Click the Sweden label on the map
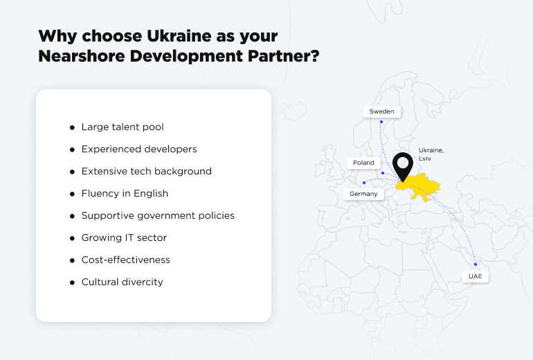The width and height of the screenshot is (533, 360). tap(381, 111)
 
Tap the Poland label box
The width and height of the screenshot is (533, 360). tap(363, 163)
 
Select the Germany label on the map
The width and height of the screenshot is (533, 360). tap(363, 194)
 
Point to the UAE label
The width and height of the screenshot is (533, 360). tap(475, 276)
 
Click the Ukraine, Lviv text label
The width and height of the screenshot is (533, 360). tap(431, 154)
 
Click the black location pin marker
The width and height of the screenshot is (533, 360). tap(402, 167)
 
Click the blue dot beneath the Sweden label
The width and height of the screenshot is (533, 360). tap(381, 122)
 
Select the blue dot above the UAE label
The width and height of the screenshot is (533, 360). tap(476, 264)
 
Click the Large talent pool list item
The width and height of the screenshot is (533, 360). tap(123, 127)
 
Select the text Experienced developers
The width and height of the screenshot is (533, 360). tap(139, 150)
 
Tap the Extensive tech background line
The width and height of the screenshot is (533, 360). tap(146, 171)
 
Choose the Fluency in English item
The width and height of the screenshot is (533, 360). tap(125, 193)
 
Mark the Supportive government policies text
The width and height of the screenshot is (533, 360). tap(158, 215)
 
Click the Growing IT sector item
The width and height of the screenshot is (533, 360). tap(124, 237)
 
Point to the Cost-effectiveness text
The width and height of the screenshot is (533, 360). tap(125, 260)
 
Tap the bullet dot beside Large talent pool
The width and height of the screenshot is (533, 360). tap(72, 128)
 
